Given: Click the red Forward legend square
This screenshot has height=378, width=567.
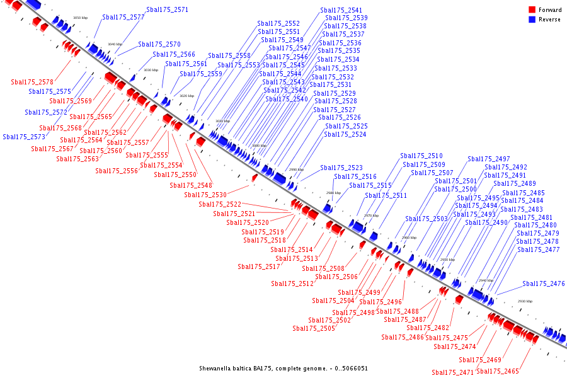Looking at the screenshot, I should click(532, 10).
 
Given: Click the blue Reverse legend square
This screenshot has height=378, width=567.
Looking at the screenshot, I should click(532, 20).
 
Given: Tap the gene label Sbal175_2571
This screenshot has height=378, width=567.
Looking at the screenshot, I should click(167, 10).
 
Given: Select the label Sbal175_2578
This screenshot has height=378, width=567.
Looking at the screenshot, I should click(32, 82).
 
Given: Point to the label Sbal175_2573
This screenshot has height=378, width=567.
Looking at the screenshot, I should click(24, 137).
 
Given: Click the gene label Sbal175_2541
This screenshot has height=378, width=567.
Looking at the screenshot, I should click(341, 10).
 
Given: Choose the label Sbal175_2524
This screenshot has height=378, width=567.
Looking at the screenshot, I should click(345, 134).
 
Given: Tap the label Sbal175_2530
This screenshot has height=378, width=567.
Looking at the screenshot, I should click(205, 195).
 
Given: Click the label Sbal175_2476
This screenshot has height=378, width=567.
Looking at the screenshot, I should click(544, 283).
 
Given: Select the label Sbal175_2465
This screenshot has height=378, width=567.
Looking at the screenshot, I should click(498, 371).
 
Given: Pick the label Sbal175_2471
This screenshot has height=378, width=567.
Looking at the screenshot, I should click(452, 372).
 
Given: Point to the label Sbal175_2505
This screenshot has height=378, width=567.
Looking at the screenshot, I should click(314, 328).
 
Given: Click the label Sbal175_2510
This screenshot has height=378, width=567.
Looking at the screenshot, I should click(421, 156).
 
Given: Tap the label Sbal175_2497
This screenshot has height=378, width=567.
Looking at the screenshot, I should click(489, 159).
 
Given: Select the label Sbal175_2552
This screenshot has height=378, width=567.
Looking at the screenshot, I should click(278, 23).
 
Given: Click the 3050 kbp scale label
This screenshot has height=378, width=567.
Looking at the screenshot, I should click(80, 18).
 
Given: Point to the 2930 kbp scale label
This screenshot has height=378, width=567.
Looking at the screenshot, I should click(525, 301).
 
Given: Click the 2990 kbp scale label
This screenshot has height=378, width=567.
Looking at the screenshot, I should click(296, 169).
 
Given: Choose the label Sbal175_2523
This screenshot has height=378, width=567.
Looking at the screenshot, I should click(341, 168).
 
